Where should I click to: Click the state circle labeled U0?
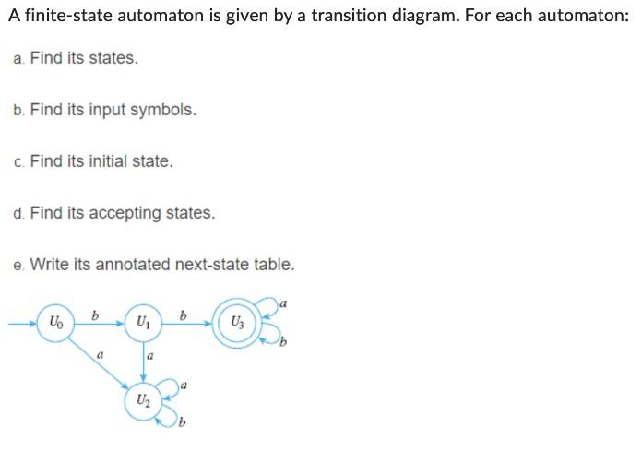[55, 324]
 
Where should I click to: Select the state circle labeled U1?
[143, 324]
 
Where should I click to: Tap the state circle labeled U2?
[141, 400]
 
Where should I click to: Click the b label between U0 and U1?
[97, 315]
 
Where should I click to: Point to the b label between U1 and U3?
[184, 315]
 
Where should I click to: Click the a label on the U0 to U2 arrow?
[100, 353]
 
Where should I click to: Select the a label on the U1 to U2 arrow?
[149, 355]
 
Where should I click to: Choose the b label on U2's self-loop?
[183, 424]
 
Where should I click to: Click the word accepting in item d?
[125, 213]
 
